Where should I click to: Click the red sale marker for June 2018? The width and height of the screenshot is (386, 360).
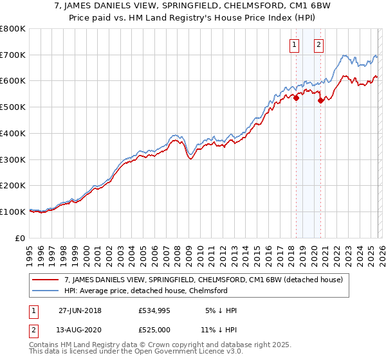pos(296,98)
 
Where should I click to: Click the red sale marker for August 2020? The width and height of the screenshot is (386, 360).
pos(320,100)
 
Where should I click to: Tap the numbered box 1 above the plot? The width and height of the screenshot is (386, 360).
pos(294,44)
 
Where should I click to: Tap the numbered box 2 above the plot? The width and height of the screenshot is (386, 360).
pos(318,44)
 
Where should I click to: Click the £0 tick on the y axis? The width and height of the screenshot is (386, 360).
pos(21,238)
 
